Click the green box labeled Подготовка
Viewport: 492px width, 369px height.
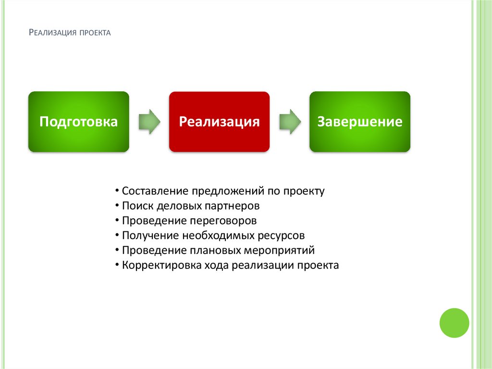tap(78, 122)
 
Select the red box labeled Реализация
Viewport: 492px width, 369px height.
tap(219, 122)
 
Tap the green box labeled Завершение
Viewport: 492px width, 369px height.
tap(359, 122)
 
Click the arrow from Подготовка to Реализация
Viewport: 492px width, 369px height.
tap(149, 122)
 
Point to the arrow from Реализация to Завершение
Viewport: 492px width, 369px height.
tap(290, 122)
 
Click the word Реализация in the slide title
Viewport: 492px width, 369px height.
tap(50, 33)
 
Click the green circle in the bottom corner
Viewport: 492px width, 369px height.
tap(454, 323)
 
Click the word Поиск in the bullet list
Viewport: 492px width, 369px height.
tap(137, 206)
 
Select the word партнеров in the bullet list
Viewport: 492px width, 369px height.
tap(232, 206)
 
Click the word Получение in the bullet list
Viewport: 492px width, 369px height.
tap(150, 236)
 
